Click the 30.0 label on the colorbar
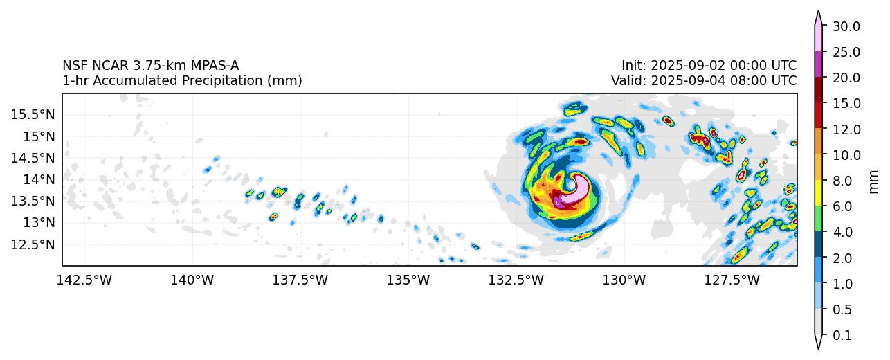[846, 26]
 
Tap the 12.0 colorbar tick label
[846, 129]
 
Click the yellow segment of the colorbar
[818, 193]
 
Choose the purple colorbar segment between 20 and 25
[818, 64]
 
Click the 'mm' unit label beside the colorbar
[873, 181]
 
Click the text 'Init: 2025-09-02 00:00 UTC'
[709, 66]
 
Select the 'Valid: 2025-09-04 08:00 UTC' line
[704, 80]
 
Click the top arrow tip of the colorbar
[818, 12]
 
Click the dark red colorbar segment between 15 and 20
[818, 90]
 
